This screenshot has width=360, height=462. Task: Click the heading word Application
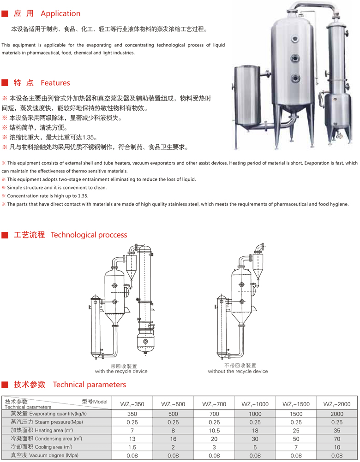60,13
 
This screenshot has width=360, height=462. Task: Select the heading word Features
55,83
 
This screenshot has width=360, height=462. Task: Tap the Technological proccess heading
89,235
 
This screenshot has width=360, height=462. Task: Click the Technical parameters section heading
90,385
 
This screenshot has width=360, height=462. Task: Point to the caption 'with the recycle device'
121,371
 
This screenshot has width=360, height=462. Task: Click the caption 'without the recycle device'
238,371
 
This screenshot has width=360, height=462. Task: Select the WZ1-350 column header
132,404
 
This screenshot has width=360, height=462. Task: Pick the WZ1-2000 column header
337,404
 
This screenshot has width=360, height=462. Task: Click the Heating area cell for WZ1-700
214,431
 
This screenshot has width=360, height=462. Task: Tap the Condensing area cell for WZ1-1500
296,439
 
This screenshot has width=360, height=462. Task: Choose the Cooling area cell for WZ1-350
132,447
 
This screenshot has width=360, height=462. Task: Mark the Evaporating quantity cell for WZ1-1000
255,414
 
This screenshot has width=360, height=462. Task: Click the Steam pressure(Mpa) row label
47,422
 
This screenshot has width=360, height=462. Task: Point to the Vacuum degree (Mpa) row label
44,455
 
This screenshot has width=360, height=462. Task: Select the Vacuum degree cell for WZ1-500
173,456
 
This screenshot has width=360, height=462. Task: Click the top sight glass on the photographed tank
295,39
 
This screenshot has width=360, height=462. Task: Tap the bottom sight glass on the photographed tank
295,78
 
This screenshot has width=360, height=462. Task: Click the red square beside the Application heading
5,13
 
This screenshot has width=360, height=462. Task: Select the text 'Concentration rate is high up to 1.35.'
48,195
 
